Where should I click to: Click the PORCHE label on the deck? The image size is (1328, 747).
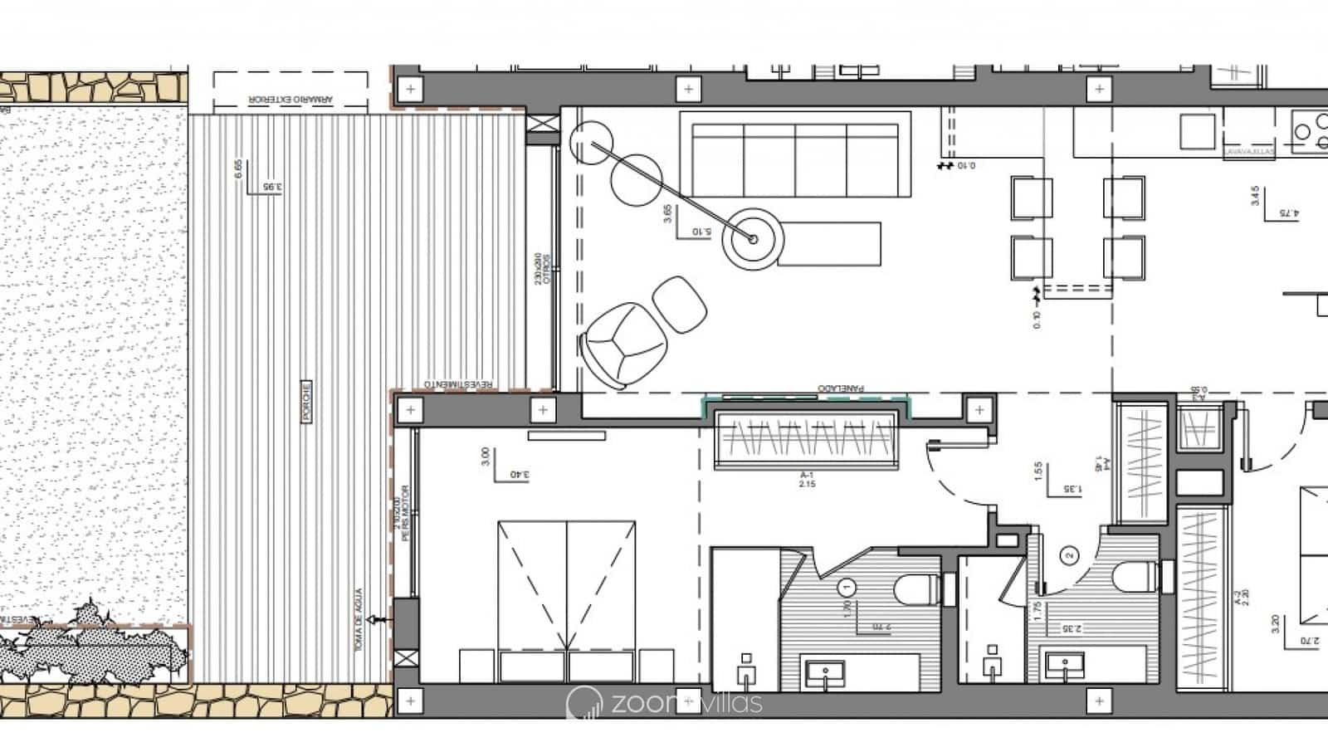[306, 403]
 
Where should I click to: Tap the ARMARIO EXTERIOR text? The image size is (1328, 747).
[290, 100]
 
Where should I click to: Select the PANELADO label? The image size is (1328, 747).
[841, 388]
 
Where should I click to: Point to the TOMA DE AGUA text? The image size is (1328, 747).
[359, 620]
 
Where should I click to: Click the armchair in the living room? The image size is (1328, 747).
[623, 343]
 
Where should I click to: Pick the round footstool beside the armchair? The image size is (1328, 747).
[680, 304]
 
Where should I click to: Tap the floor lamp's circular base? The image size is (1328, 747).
[753, 239]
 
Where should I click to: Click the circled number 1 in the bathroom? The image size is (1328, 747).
[847, 588]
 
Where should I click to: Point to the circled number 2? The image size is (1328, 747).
[1070, 555]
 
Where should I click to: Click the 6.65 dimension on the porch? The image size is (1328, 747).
[239, 169]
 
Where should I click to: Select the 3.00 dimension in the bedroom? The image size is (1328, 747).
[486, 456]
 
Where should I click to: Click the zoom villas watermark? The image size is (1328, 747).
[664, 703]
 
